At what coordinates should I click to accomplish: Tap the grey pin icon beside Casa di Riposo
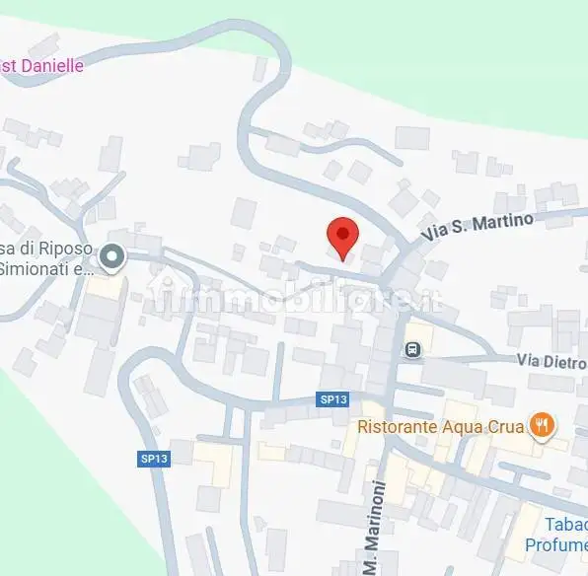pyautogui.click(x=112, y=258)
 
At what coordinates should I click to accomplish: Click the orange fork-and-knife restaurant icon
pyautogui.click(x=541, y=426)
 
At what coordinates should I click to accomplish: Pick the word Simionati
pyautogui.click(x=39, y=268)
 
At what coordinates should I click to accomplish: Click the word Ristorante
pyautogui.click(x=396, y=427)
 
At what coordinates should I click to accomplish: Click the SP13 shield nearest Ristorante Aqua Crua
pyautogui.click(x=332, y=399)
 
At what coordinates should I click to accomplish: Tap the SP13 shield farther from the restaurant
pyautogui.click(x=153, y=459)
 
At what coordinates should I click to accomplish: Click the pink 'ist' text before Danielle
pyautogui.click(x=7, y=66)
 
